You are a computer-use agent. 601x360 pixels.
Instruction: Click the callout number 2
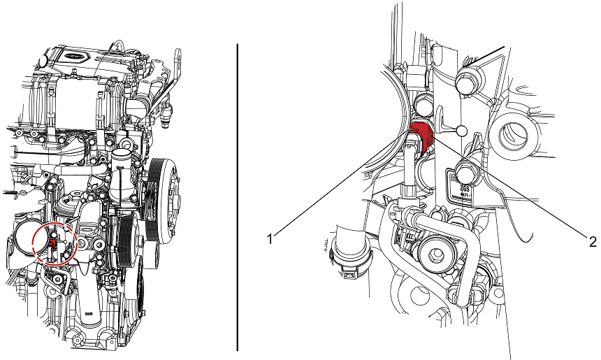coord(593,242)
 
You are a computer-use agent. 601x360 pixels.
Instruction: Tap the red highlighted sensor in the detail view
coord(421,132)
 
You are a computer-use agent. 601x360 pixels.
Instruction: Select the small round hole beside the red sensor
coord(461,131)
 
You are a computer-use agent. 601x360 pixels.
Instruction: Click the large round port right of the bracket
coord(516,132)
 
